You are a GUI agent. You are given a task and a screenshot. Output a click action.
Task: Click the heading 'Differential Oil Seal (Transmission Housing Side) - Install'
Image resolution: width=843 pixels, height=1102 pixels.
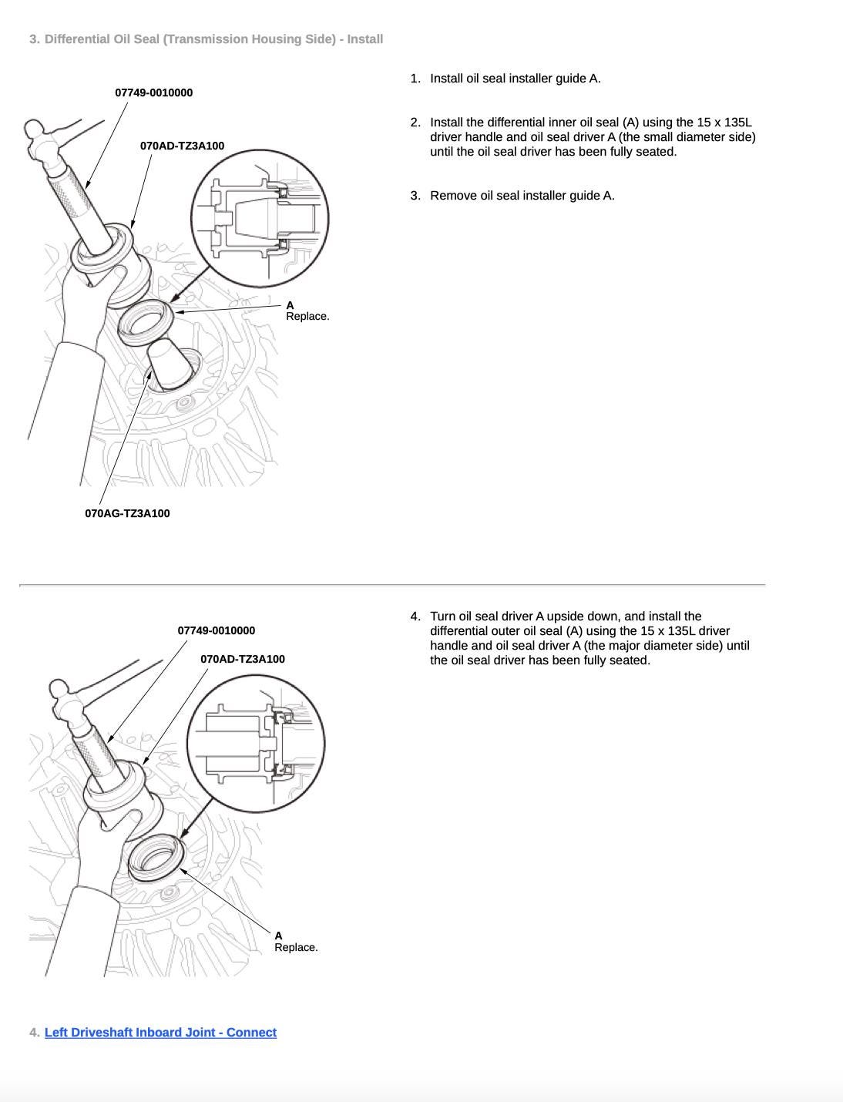[x=213, y=39]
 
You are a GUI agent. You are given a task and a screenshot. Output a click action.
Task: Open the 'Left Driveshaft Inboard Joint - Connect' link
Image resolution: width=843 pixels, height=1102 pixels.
[x=160, y=1033]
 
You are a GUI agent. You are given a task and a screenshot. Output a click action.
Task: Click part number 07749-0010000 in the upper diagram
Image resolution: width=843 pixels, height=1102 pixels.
[x=154, y=92]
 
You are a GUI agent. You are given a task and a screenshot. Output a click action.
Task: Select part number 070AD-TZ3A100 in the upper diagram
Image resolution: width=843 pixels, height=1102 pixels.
[x=182, y=146]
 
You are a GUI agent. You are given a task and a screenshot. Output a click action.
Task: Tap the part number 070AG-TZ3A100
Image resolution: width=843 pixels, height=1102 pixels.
[x=127, y=513]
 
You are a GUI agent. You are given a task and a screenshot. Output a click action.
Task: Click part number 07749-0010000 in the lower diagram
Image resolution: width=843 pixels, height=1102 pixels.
[x=216, y=630]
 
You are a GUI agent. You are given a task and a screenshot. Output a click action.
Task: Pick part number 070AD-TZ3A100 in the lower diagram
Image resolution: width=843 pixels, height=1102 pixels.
[x=242, y=659]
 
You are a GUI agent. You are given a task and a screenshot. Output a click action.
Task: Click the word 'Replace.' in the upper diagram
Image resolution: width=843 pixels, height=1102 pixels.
[x=307, y=316]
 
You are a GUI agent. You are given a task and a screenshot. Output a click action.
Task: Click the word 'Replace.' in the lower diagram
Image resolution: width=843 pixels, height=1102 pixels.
[x=296, y=947]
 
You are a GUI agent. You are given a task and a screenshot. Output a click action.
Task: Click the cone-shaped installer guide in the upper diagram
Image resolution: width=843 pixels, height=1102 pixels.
[x=170, y=362]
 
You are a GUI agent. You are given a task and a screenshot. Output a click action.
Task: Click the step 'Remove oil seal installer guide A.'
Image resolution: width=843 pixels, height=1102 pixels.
[x=522, y=196]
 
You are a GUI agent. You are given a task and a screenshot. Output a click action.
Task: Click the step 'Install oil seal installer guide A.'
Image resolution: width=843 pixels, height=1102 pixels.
[x=515, y=79]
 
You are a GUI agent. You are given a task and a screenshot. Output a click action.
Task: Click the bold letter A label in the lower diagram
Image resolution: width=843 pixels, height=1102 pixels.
[x=278, y=936]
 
